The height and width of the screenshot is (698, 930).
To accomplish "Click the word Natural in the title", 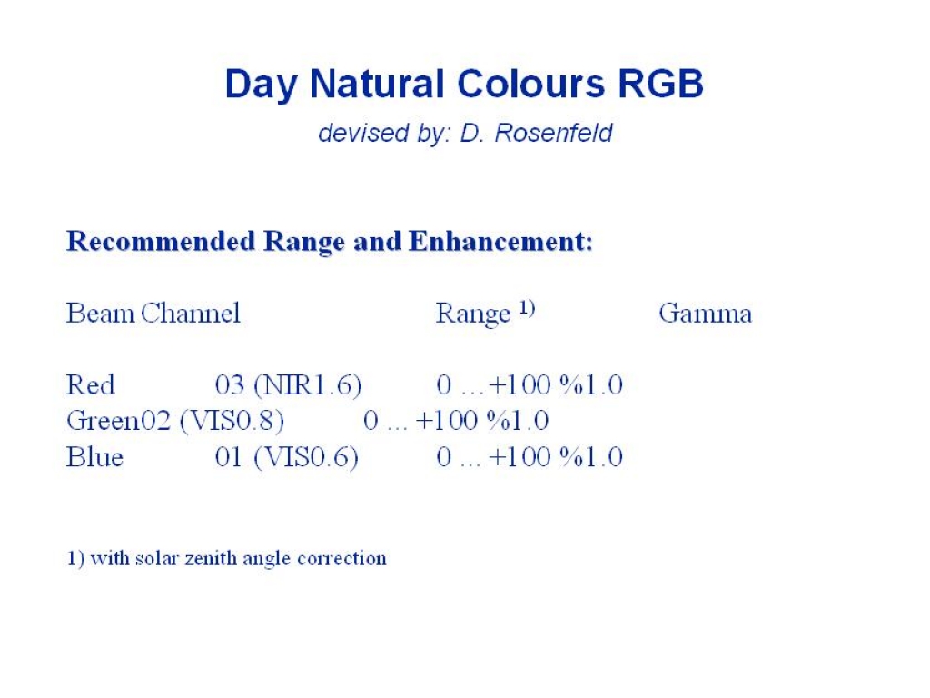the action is [x=377, y=84].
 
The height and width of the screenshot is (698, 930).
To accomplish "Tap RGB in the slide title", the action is [x=661, y=84].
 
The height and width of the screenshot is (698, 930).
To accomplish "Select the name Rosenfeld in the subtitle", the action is [x=553, y=133].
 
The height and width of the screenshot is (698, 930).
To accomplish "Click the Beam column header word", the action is [x=100, y=314].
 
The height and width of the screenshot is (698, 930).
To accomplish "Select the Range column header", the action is [x=472, y=314].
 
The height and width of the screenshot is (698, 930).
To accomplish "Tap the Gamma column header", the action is [x=705, y=314].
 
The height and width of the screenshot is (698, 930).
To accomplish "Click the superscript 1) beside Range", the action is [x=528, y=307].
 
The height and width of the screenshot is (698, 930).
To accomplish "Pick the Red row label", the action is [x=90, y=385].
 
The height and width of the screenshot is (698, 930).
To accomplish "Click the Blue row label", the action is [x=94, y=457].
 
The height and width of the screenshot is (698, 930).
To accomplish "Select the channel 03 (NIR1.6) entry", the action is [x=288, y=385].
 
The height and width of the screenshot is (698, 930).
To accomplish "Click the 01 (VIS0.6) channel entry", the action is [x=287, y=458].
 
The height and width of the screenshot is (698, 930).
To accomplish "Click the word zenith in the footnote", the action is [x=211, y=559].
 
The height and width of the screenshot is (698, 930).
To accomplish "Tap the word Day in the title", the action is [x=261, y=85].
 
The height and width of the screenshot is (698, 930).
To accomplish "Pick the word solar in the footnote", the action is [x=157, y=559].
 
